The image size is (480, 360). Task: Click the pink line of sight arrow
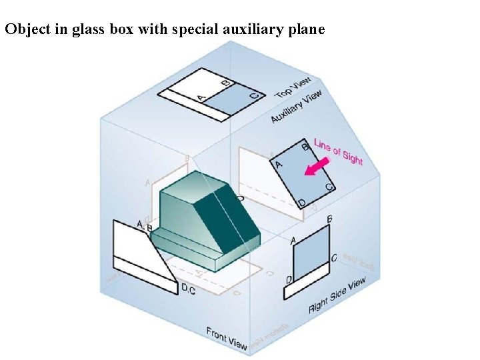tap(317, 166)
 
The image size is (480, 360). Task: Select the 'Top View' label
tap(293, 88)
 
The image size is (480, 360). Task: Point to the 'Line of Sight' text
tap(339, 153)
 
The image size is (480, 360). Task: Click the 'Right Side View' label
tap(337, 296)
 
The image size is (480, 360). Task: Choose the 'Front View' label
tap(227, 338)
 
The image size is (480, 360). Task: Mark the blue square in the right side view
tap(311, 251)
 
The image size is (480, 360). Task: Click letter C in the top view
tap(253, 97)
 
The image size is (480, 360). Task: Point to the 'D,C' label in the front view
tap(189, 289)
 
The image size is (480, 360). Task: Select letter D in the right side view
tap(288, 279)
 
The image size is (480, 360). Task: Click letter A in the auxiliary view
tap(279, 164)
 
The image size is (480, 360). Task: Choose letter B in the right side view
tap(329, 219)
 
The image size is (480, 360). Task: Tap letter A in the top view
tap(201, 98)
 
